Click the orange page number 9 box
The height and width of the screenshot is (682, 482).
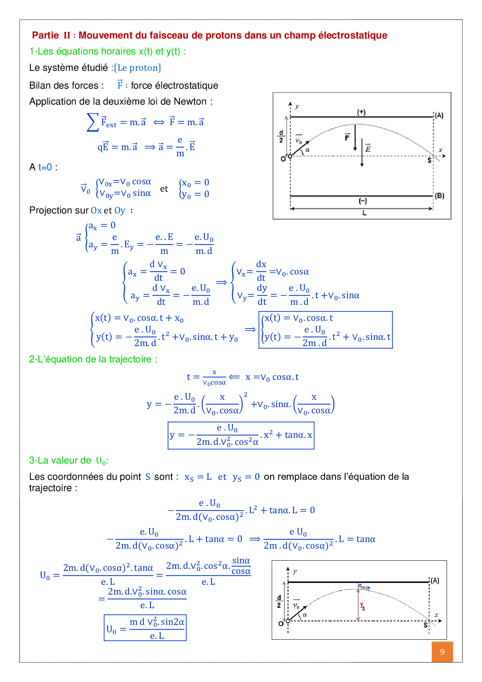[x=442, y=652]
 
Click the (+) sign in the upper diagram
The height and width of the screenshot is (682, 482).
[x=361, y=112]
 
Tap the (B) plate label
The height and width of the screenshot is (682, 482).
[x=440, y=196]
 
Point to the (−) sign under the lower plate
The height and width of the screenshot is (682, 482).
[x=362, y=201]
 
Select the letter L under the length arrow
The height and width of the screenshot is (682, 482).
[x=364, y=213]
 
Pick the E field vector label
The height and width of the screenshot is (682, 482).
[x=368, y=149]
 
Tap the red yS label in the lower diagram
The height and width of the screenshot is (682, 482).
[x=362, y=606]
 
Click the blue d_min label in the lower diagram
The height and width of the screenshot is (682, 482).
[x=364, y=587]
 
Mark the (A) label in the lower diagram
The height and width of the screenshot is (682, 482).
[x=435, y=581]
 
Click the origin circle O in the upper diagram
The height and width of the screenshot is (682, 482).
[x=290, y=156]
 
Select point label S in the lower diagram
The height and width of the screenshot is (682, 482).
[x=426, y=625]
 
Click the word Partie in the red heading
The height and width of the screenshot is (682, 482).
[x=45, y=35]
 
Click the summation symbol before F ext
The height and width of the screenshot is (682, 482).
[x=92, y=122]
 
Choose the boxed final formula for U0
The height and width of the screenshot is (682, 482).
[x=145, y=628]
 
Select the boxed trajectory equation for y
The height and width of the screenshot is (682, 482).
[x=241, y=435]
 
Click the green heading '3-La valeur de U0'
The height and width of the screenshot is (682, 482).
[x=68, y=461]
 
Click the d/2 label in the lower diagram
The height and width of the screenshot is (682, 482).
[x=279, y=602]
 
